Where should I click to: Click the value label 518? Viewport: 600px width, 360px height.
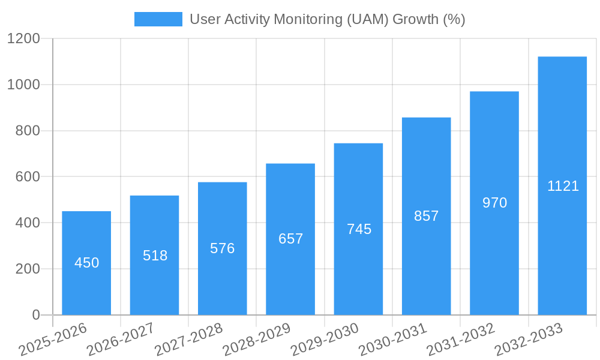155,256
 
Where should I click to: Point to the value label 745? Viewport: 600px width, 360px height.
359,229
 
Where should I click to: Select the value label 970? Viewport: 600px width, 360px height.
494,203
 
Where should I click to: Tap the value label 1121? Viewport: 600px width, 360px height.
563,186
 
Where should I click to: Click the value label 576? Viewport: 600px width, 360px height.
222,248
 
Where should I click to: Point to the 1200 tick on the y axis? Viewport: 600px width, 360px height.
23,39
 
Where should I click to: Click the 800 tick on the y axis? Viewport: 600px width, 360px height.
28,131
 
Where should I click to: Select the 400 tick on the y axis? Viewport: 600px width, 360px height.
28,223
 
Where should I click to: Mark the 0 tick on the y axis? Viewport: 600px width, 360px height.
35,315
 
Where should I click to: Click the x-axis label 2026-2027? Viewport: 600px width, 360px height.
121,340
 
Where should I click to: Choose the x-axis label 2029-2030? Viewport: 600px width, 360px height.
325,340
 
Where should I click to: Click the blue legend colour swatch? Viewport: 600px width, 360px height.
158,19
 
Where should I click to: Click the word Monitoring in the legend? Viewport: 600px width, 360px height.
308,19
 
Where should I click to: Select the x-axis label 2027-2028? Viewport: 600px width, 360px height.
188,340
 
